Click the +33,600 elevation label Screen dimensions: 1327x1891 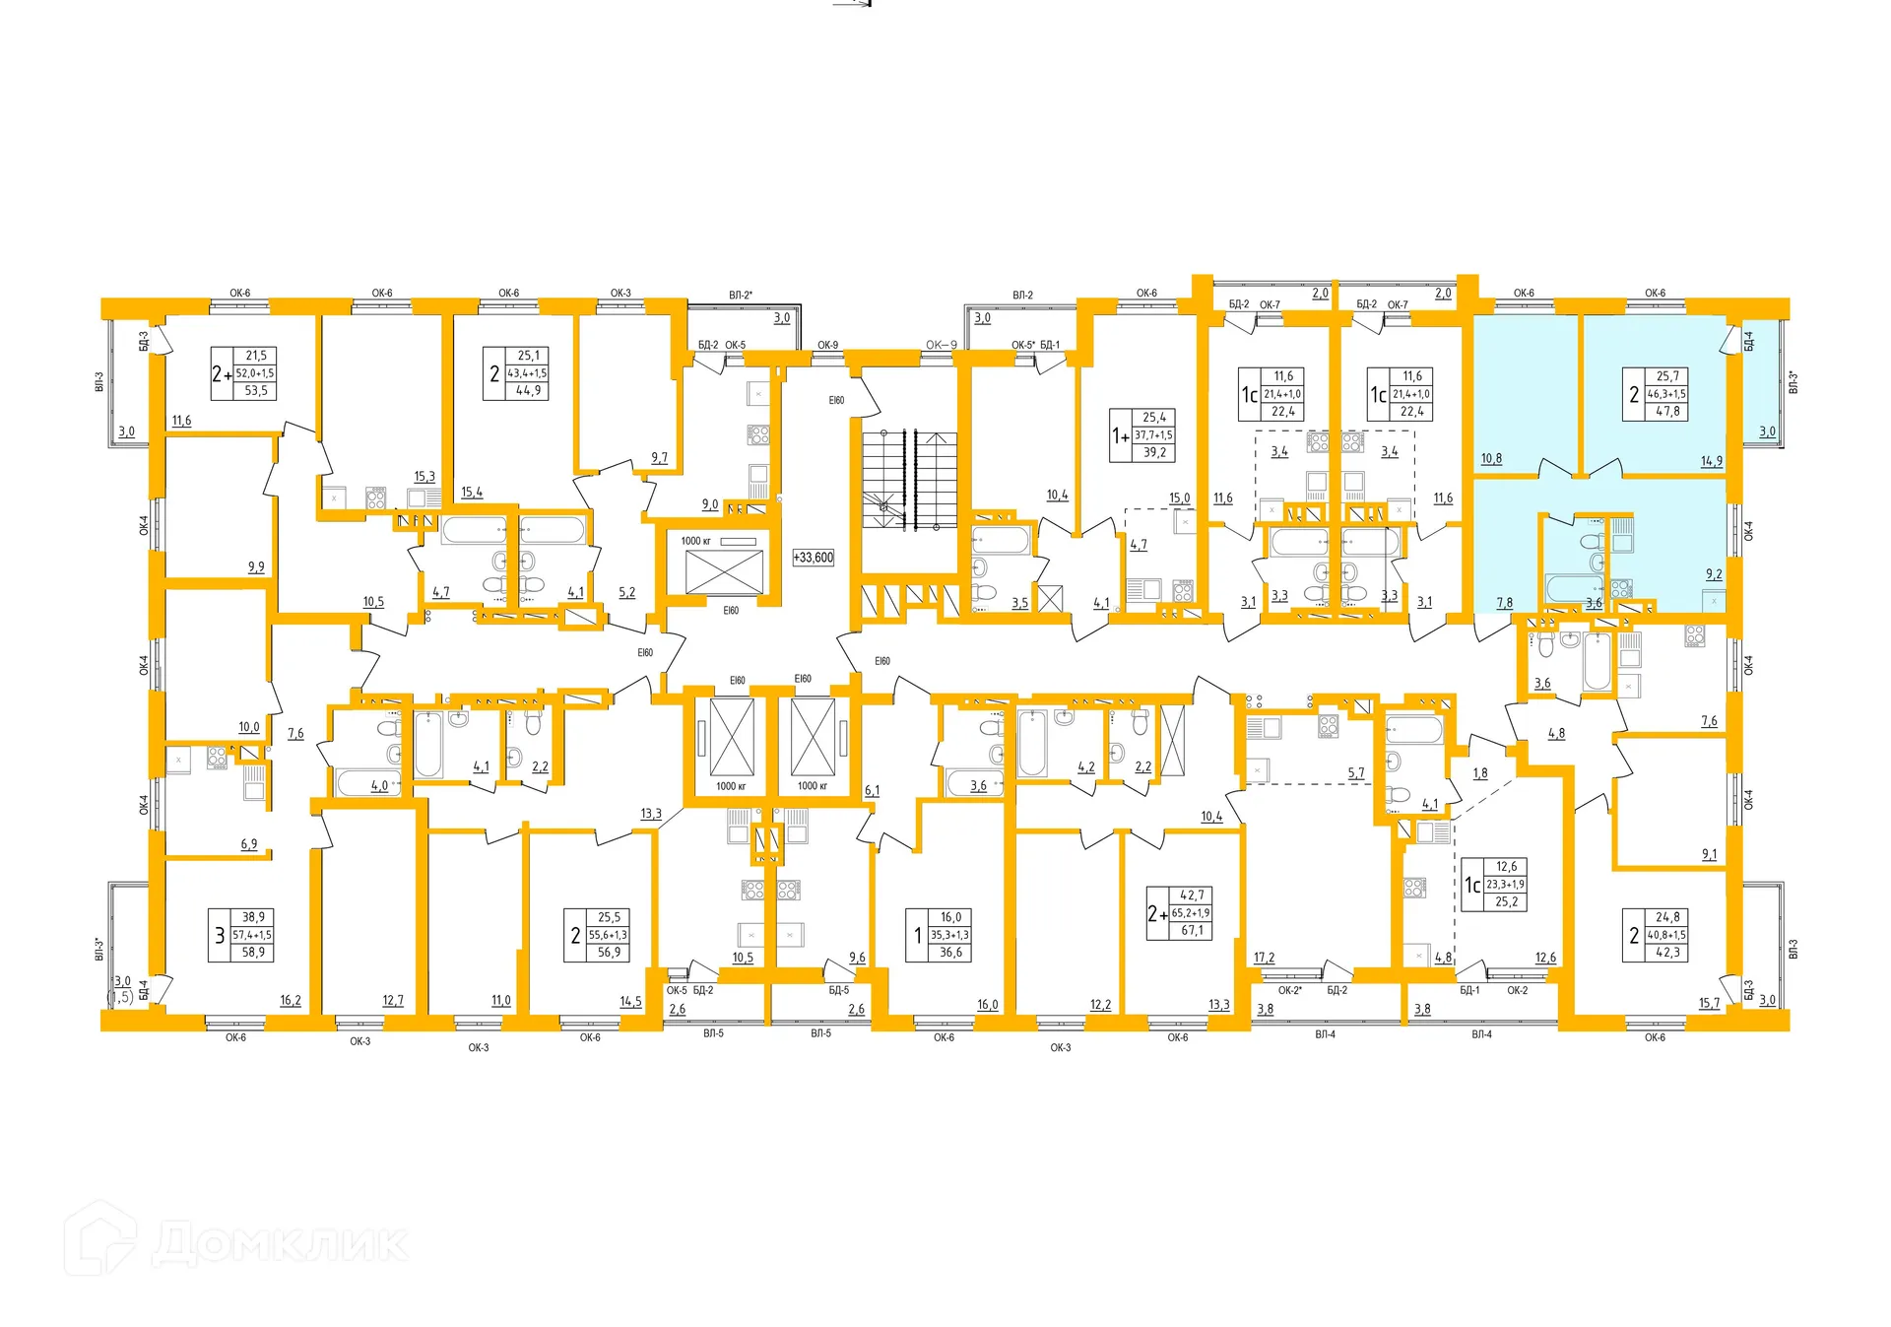click(x=813, y=558)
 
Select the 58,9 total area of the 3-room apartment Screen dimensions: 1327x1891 click(x=253, y=953)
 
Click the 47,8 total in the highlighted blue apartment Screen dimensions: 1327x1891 click(x=1667, y=412)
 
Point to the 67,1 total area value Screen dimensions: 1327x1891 click(x=1192, y=931)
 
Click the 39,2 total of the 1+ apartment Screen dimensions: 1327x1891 click(x=1154, y=453)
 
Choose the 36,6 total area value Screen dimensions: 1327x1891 click(x=950, y=953)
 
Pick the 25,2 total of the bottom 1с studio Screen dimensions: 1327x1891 click(x=1506, y=902)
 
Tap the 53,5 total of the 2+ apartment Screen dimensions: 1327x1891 click(x=256, y=391)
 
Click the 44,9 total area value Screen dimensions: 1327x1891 click(x=528, y=391)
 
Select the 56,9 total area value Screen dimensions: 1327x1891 click(x=609, y=953)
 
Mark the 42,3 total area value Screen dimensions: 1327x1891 click(x=1667, y=953)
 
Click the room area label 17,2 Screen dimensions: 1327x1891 click(x=1264, y=958)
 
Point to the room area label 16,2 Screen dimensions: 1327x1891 click(x=290, y=1000)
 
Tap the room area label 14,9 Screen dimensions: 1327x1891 click(x=1711, y=461)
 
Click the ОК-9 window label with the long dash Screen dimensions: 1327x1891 click(x=941, y=345)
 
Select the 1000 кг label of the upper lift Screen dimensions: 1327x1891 click(x=695, y=541)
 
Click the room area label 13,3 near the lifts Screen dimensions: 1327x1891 click(x=651, y=814)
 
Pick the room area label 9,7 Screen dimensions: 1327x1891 click(x=659, y=458)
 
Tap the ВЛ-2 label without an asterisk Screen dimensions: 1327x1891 click(x=1022, y=295)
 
